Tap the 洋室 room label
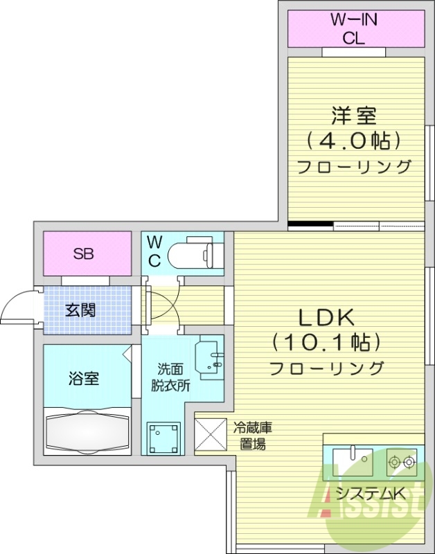click(353, 113)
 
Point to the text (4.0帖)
click(353, 141)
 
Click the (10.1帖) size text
click(326, 342)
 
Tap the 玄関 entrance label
click(82, 310)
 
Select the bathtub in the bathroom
click(87, 430)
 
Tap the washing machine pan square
click(163, 437)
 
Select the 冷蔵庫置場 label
click(251, 436)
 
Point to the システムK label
click(371, 494)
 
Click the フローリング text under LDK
click(326, 367)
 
